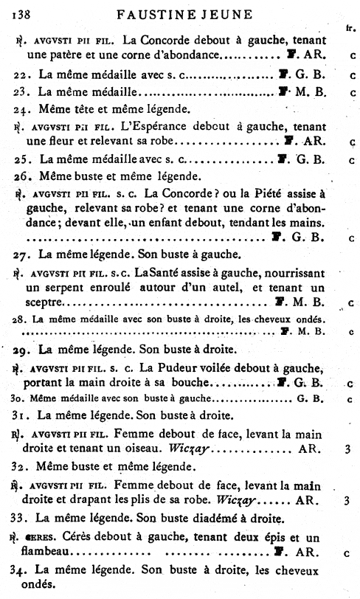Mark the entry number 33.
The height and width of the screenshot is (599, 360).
(20, 518)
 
